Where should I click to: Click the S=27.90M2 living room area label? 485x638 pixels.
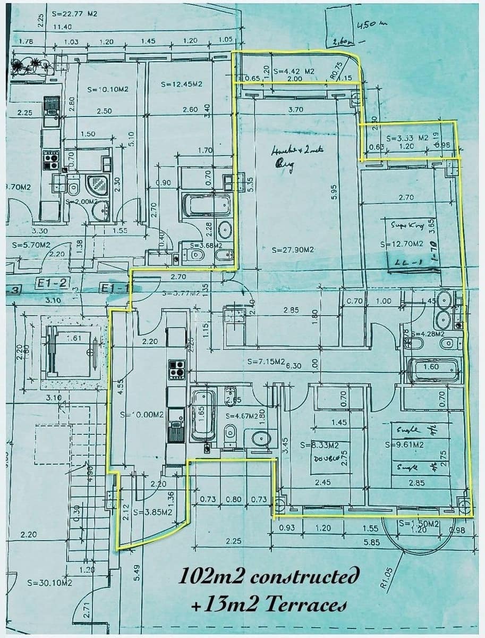pos(294,249)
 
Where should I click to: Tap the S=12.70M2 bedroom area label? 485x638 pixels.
pos(402,244)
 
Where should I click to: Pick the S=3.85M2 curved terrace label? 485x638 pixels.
pos(152,512)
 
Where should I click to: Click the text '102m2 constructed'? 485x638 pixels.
pos(269,575)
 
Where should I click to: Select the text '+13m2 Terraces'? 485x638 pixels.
pos(270,604)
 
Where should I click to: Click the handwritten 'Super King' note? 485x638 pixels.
pos(407,225)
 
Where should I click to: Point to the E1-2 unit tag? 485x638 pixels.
pos(52,283)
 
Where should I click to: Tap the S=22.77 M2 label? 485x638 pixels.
pos(75,14)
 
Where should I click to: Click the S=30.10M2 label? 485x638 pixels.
pos(49,583)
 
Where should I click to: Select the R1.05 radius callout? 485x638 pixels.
pos(387,577)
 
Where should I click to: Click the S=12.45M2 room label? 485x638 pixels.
pos(181,84)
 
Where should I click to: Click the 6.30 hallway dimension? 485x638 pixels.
pos(294,366)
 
